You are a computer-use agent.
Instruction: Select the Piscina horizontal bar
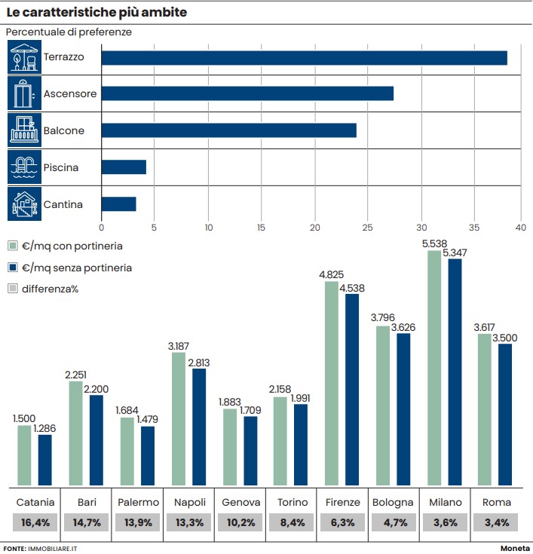pos(124,167)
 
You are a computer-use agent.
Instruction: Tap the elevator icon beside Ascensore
pos(24,94)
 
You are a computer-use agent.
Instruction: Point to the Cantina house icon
pos(24,204)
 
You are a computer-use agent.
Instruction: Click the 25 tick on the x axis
pos(368,227)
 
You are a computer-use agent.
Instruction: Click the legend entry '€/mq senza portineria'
pos(69,268)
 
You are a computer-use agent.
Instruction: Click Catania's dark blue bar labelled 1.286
pos(45,460)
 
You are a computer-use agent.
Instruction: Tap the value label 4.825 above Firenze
pos(332,275)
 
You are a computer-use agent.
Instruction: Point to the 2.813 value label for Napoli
pos(198,363)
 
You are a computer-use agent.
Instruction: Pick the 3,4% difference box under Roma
pos(497,522)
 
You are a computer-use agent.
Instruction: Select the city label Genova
pos(241,503)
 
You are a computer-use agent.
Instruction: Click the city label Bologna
pos(394,503)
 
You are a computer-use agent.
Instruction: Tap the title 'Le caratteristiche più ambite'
pos(97,13)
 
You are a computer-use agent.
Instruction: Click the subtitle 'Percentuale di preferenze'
pos(69,32)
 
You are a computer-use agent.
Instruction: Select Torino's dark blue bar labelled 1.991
pos(301,445)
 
